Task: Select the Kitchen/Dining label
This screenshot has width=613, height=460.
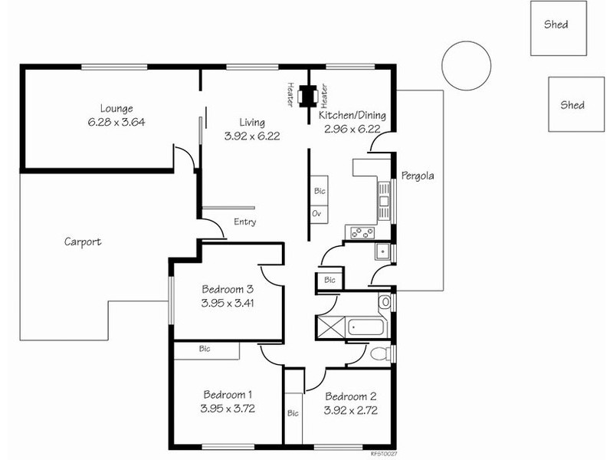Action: [x=352, y=116]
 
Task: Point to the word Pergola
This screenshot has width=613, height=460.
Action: [x=418, y=176]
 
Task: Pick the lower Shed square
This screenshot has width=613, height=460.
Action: [x=572, y=105]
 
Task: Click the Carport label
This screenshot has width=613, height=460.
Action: [x=83, y=242]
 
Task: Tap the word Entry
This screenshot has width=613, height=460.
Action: [x=245, y=222]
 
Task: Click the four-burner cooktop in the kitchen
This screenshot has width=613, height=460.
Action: [x=361, y=232]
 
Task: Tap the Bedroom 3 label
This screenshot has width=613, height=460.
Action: [x=228, y=289]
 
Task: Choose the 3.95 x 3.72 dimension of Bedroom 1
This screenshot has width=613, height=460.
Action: [x=228, y=409]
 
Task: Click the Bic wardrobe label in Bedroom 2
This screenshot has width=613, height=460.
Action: [x=293, y=412]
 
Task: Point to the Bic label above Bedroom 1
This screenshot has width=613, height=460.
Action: [x=205, y=349]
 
